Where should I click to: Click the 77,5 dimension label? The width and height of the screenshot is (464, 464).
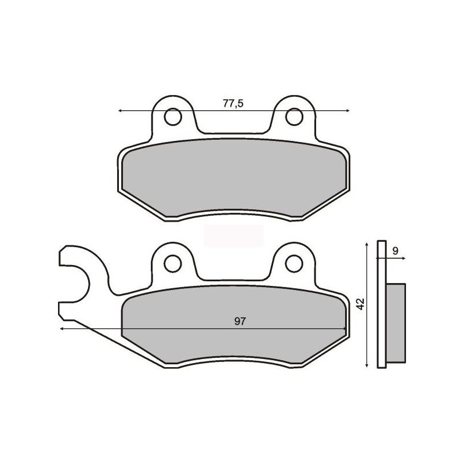coord(233,104)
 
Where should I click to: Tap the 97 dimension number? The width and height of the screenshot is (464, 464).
coord(240,321)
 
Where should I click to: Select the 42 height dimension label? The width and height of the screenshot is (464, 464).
coord(360,304)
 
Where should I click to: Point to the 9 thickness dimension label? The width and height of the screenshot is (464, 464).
coord(396,251)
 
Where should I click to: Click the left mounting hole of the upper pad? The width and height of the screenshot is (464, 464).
coord(173,117)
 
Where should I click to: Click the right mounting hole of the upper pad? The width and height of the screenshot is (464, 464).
coord(294,117)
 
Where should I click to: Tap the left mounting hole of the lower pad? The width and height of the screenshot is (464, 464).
coord(173,263)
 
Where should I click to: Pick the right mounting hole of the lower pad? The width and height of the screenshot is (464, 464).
coord(294,263)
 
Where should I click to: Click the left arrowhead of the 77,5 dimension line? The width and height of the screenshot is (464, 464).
coord(120,111)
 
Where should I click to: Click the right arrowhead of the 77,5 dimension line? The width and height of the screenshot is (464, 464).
coord(347,111)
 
